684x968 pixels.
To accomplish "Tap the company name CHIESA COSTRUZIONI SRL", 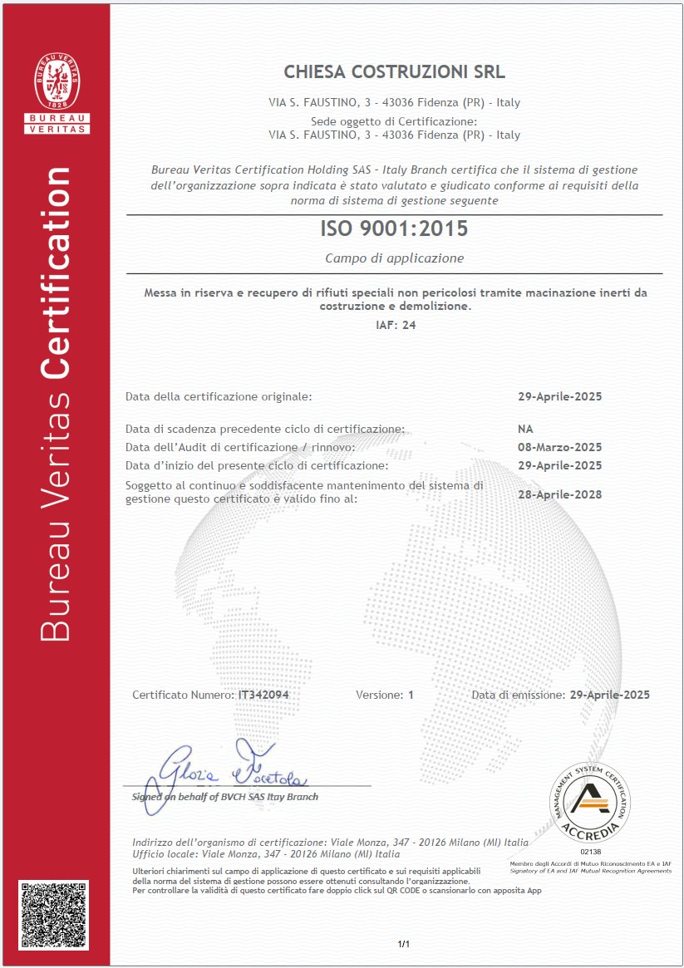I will pos(394,71).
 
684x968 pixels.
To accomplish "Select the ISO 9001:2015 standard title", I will pos(394,228).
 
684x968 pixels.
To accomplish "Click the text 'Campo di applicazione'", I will pos(394,258).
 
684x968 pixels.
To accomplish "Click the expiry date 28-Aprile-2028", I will pos(559,494).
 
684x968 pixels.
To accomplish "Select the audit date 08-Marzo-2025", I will pos(559,447).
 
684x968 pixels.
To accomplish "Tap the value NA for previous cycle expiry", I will pos(525,429).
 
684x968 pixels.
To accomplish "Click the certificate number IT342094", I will pos(263,695).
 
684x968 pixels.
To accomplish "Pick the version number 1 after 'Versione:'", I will pos(411,695).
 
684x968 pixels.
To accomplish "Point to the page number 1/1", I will pos(404,944).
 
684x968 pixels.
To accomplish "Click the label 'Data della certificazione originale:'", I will pos(219,396).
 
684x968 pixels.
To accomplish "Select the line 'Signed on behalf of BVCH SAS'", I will pos(225,797).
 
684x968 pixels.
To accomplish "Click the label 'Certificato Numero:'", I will pos(184,695).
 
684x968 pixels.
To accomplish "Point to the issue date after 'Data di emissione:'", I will pos(609,695).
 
